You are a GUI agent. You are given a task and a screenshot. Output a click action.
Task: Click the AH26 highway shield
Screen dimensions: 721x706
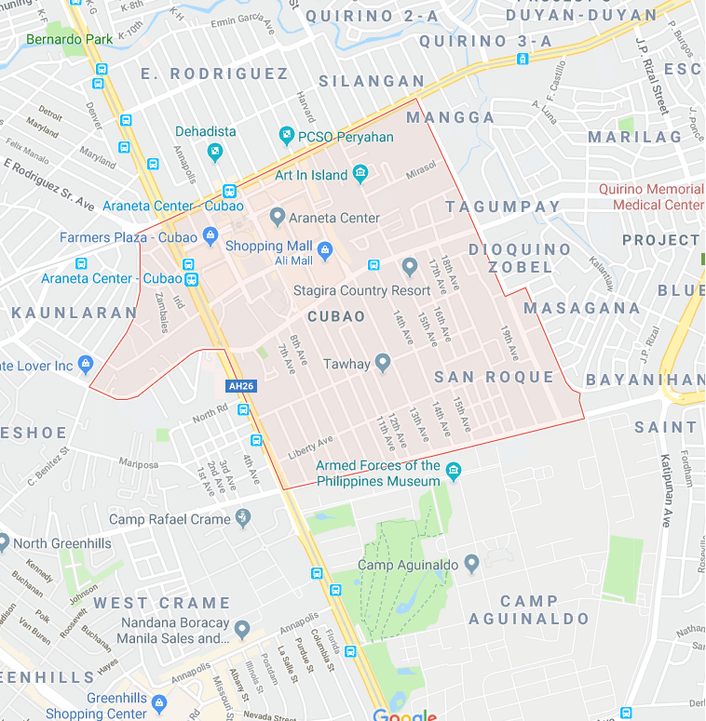pos(238,386)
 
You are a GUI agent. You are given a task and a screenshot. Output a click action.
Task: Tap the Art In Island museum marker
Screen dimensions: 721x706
pos(360,174)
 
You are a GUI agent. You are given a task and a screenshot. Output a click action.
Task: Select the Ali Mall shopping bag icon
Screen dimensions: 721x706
pos(324,248)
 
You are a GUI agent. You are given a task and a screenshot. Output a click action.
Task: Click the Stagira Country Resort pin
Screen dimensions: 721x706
pos(409,268)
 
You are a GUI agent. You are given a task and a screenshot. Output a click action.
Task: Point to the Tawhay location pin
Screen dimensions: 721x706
pos(382,363)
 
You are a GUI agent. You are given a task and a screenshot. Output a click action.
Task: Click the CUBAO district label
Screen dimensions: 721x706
pos(336,316)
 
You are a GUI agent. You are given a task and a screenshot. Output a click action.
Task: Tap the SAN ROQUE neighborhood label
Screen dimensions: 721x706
pos(494,377)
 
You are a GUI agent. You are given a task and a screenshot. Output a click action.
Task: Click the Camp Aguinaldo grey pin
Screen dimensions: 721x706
pos(472,563)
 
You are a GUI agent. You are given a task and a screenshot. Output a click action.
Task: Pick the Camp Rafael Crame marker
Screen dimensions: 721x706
pos(243,517)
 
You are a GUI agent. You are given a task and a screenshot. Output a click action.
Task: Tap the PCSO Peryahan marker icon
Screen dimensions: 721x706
pos(287,137)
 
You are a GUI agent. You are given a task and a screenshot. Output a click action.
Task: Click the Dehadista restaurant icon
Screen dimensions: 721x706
pos(215,151)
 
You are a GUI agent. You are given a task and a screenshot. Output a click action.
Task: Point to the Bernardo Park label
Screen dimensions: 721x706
pos(70,40)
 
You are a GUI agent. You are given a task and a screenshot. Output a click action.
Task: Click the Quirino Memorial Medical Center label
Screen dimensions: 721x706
pos(651,196)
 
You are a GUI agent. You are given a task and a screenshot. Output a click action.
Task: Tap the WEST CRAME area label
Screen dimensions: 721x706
pos(161,603)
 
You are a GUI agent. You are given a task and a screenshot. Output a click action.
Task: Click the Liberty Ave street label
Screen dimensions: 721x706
pos(310,447)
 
